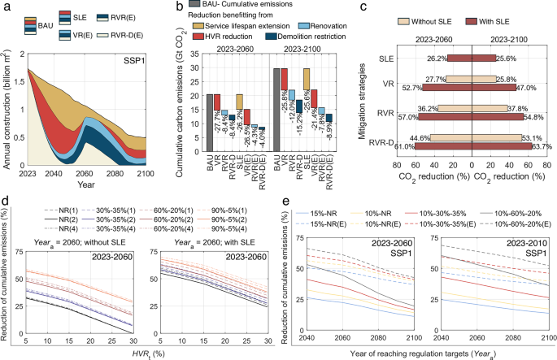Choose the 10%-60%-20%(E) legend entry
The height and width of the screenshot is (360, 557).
(x=518, y=223)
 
